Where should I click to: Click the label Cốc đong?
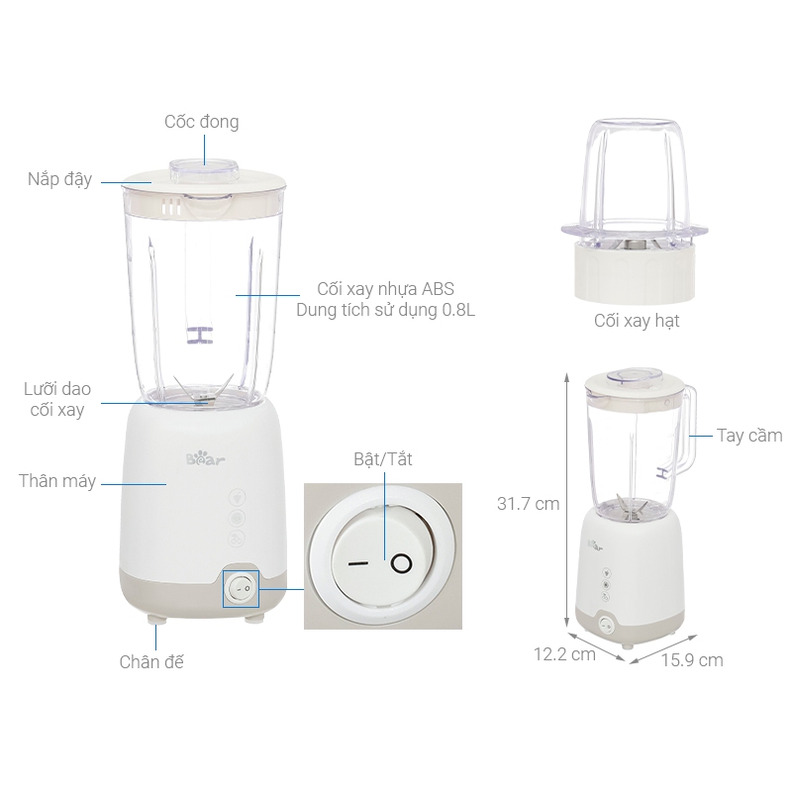tap(202, 122)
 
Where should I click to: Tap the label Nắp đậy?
tap(60, 179)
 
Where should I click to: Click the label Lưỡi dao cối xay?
tap(56, 400)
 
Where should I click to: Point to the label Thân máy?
tap(57, 481)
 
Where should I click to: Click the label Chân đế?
tap(151, 661)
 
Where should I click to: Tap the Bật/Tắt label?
tap(382, 460)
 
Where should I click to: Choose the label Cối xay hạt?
tap(637, 321)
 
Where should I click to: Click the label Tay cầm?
tap(749, 436)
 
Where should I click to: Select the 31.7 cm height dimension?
tap(529, 504)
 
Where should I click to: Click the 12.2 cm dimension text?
tap(564, 653)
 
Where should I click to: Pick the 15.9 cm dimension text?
tap(692, 659)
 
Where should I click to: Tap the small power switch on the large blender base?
tap(241, 589)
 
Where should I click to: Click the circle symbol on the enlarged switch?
tap(400, 564)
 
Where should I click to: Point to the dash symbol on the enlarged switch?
tap(357, 564)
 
